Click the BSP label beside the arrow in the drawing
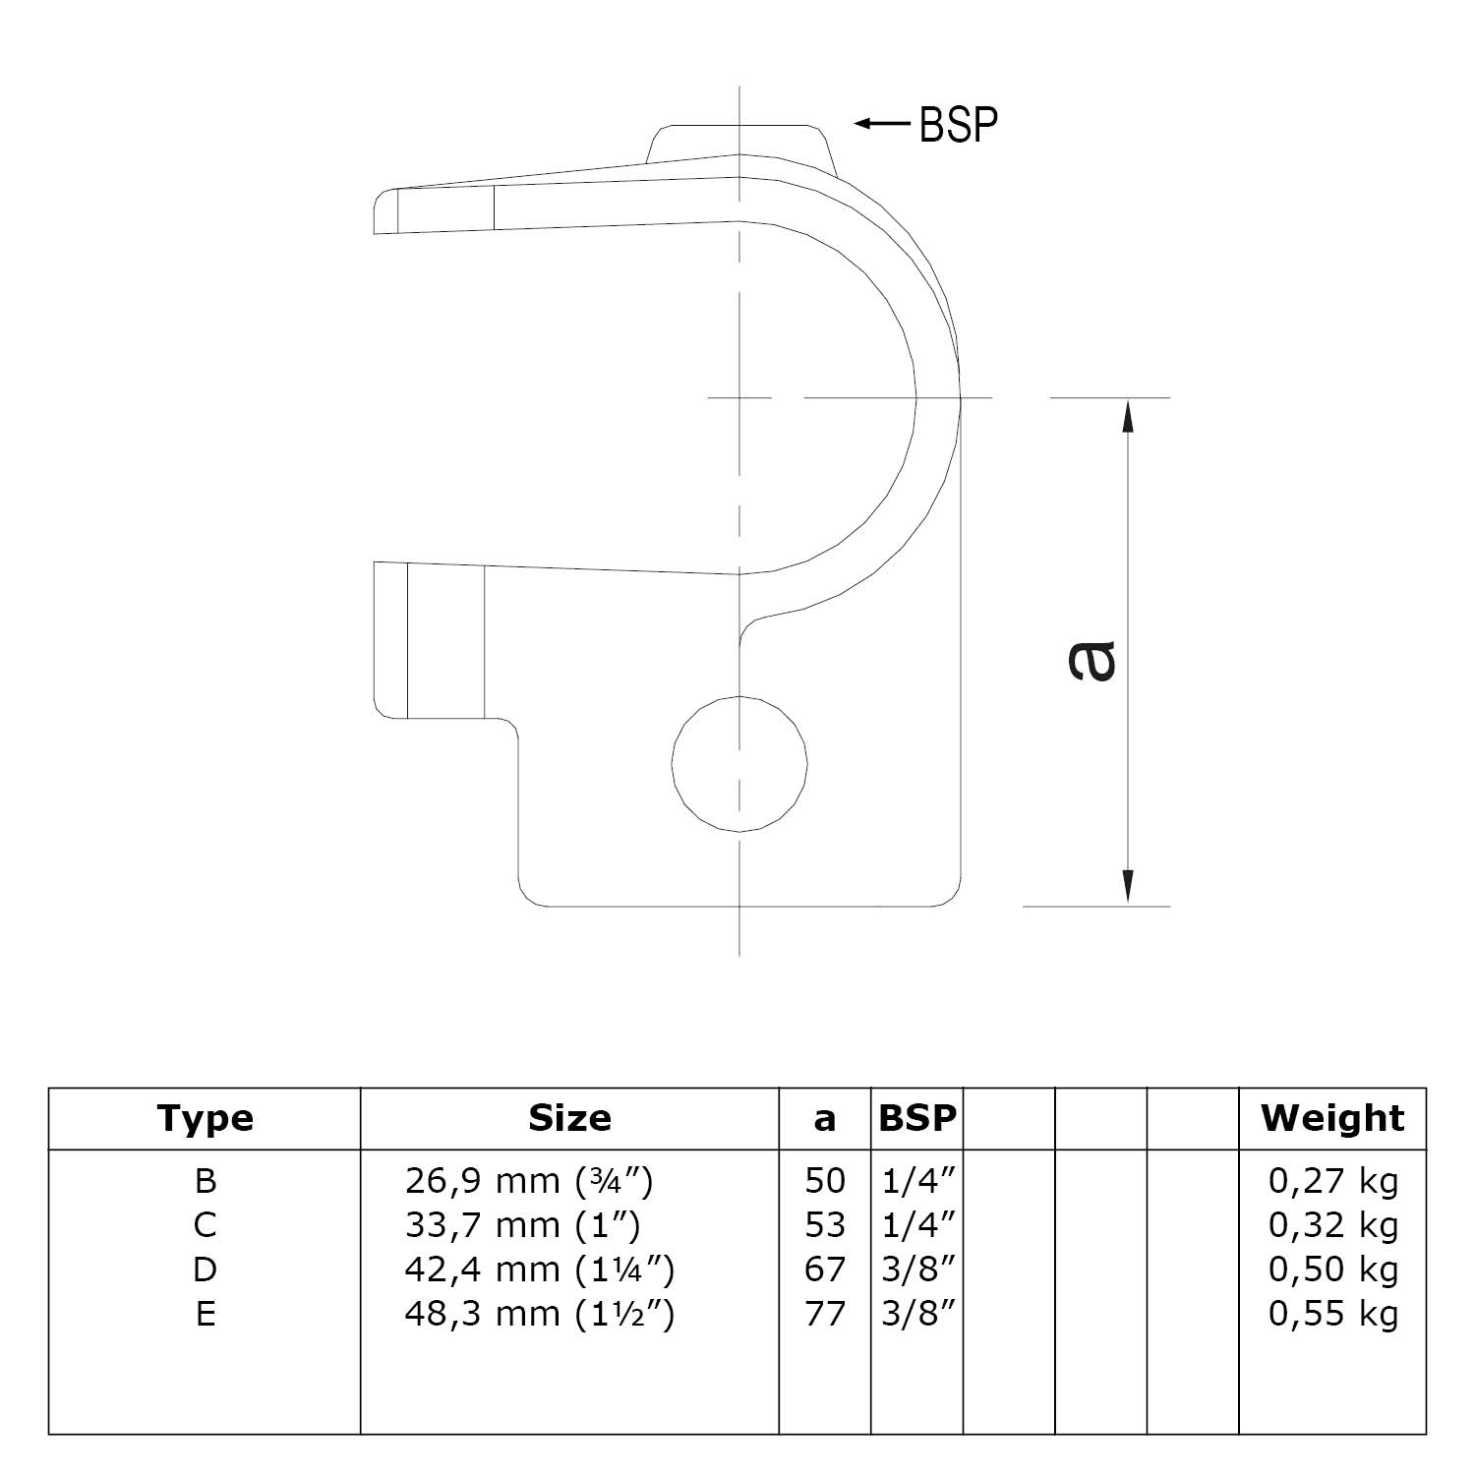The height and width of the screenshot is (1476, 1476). click(958, 125)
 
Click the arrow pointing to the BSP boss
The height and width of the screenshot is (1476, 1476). click(881, 123)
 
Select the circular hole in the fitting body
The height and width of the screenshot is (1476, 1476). click(739, 764)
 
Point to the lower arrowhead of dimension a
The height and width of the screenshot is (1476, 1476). click(1128, 886)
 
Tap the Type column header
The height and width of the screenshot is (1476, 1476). click(205, 1118)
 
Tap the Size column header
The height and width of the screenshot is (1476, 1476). click(569, 1118)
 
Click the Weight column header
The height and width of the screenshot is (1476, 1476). click(1332, 1118)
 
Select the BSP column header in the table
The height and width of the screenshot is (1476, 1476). click(916, 1118)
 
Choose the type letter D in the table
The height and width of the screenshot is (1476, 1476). click(205, 1269)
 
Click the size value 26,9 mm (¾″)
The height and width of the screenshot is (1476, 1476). click(528, 1180)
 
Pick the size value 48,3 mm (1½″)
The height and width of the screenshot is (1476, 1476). click(539, 1314)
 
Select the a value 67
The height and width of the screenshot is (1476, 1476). click(824, 1269)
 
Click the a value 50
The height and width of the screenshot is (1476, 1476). click(824, 1180)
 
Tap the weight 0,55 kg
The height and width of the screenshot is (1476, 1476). click(1332, 1314)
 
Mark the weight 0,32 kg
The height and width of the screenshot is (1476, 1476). click(1332, 1225)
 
